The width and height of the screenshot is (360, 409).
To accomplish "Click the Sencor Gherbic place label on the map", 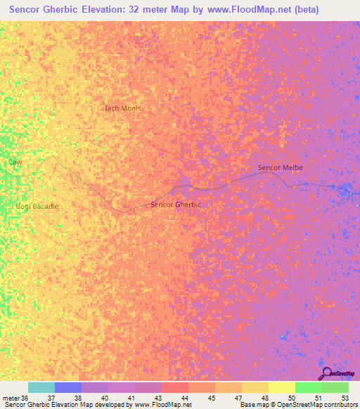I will click(176, 204).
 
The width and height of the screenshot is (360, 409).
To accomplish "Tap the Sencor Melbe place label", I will click(280, 167).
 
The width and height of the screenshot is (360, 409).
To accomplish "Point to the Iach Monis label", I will click(122, 108).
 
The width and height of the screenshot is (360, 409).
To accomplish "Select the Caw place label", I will click(15, 162).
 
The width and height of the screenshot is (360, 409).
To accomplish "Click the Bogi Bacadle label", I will click(37, 206).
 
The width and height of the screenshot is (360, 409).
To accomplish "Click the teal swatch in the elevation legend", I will click(41, 388).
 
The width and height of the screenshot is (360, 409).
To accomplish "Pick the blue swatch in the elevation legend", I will click(68, 388).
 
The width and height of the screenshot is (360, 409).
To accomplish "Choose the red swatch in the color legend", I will click(175, 388).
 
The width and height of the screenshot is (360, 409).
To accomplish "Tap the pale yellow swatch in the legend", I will click(282, 388).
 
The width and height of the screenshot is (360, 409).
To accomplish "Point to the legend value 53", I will click(345, 398).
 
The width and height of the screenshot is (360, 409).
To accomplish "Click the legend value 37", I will click(51, 398).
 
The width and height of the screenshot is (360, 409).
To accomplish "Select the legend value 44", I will click(184, 398).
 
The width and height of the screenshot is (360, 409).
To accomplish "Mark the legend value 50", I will click(291, 398).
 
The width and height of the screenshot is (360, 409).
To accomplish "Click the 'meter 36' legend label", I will click(14, 398).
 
